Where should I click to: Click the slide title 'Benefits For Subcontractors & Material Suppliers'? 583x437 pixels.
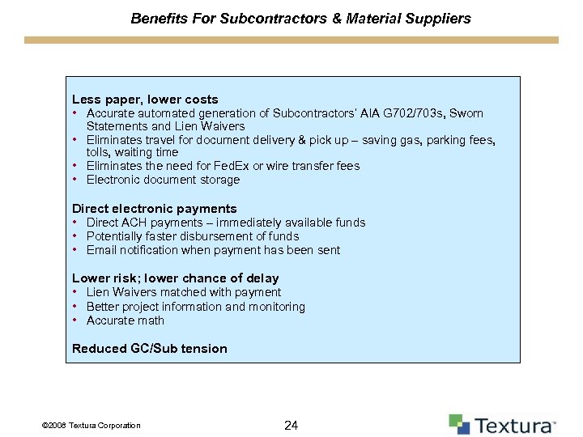tap(300, 18)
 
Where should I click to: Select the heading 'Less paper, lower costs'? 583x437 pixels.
tap(145, 100)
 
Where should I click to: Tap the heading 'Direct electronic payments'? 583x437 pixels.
tap(154, 209)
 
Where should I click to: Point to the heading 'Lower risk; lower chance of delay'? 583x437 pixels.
tap(175, 278)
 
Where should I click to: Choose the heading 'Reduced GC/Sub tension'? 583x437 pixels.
tap(149, 349)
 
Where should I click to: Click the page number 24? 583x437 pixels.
tap(292, 425)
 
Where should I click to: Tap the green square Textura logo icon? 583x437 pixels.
tap(458, 424)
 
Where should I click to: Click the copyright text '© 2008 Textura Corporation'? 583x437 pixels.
tap(90, 426)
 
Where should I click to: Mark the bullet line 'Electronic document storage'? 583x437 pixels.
tap(163, 180)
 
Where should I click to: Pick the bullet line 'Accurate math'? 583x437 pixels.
tap(125, 320)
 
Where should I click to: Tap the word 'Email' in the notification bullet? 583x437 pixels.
tap(102, 250)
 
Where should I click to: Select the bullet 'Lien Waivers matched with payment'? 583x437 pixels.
tap(183, 292)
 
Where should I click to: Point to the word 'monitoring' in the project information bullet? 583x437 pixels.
tap(278, 307)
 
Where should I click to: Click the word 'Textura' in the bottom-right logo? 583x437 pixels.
tap(514, 426)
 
